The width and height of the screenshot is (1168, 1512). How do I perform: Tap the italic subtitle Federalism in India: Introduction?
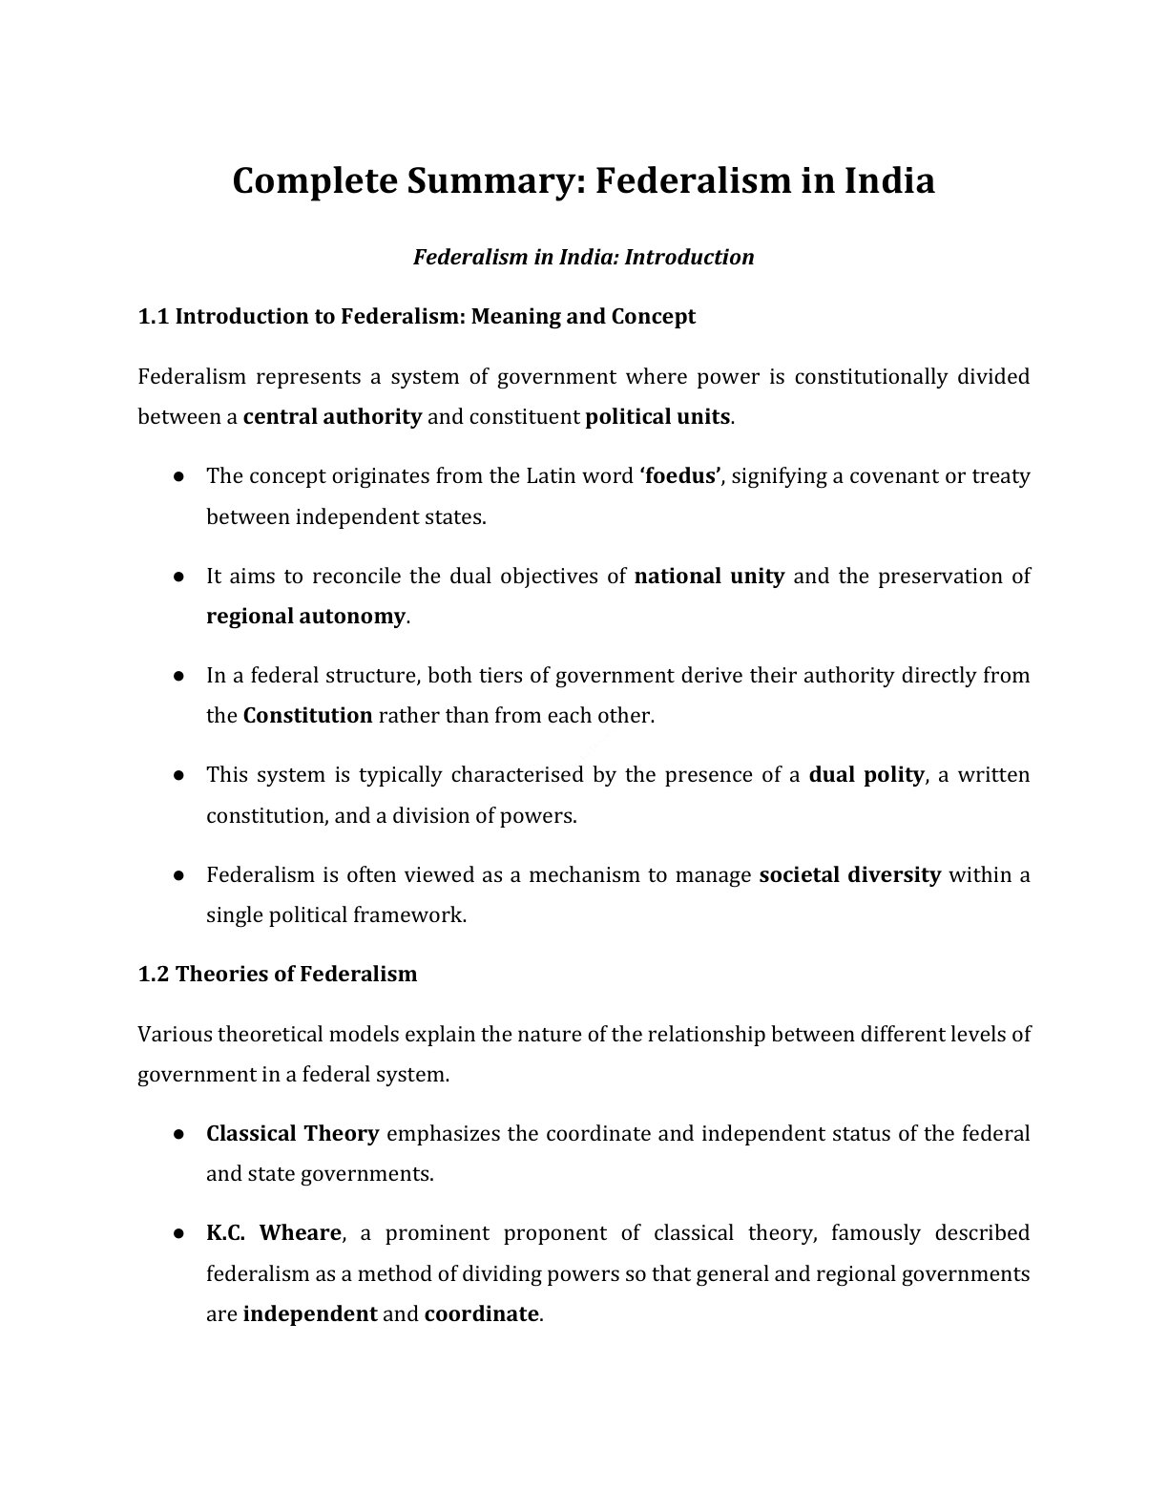coord(583,257)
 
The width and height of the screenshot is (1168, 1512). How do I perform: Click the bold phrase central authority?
coord(332,416)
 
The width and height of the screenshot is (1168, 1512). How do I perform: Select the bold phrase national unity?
coord(709,576)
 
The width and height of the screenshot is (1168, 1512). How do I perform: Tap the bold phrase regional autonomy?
coord(305,616)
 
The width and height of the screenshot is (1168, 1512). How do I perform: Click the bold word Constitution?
coord(307,715)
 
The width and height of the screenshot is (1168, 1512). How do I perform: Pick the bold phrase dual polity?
coord(866,774)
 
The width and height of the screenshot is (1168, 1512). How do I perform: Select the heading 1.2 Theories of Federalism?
coord(278,975)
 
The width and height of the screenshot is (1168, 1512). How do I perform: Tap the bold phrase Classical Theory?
coord(292,1133)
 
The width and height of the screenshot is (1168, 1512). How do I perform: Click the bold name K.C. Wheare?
coord(273,1232)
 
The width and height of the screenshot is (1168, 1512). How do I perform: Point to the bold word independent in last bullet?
coord(310,1313)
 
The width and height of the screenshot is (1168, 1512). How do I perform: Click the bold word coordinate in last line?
coord(481,1313)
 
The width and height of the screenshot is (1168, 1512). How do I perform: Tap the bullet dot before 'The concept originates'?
coord(178,475)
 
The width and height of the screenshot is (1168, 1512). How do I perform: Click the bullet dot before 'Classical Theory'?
coord(178,1133)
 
